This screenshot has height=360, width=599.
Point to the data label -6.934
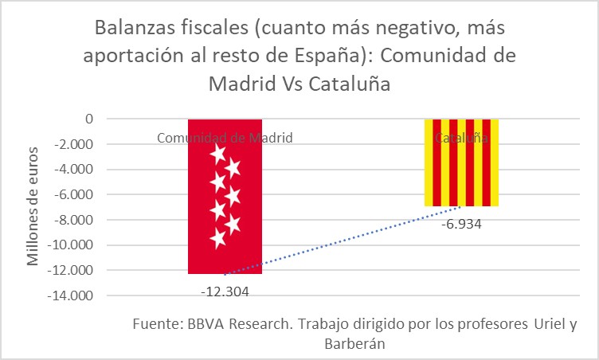tap(461, 224)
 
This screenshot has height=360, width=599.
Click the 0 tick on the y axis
tap(89, 119)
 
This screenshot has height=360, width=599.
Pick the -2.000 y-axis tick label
tap(74, 144)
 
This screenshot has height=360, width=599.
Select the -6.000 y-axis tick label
tap(74, 194)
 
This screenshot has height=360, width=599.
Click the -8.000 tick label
tap(74, 220)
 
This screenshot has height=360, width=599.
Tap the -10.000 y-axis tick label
tap(71, 245)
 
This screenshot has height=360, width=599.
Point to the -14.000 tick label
tap(71, 295)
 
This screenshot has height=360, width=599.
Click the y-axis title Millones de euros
tap(33, 207)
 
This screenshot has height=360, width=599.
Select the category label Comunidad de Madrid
tap(225, 138)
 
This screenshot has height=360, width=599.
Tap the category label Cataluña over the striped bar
tap(461, 138)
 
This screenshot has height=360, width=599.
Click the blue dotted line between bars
tap(343, 240)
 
